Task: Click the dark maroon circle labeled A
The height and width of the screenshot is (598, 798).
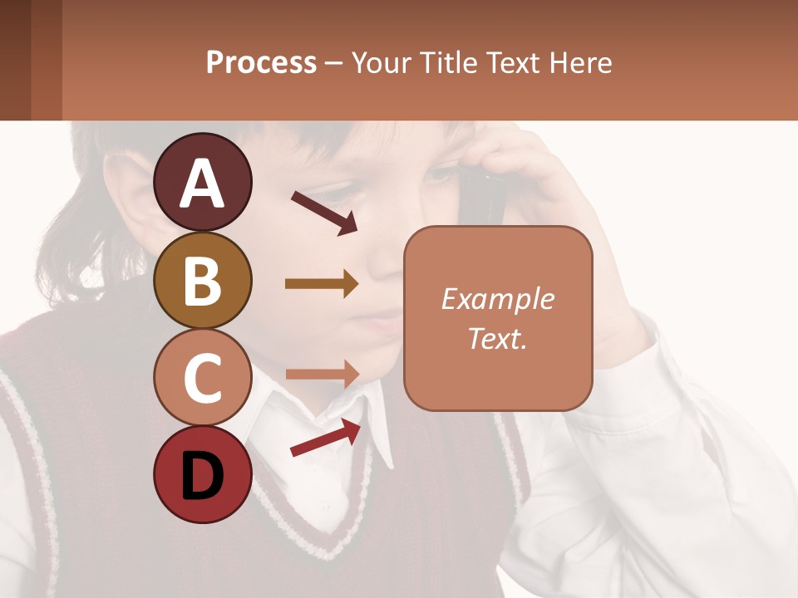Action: (x=203, y=182)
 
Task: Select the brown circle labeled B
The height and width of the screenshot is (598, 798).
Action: (x=203, y=280)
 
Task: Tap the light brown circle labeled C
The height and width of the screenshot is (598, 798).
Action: (x=203, y=377)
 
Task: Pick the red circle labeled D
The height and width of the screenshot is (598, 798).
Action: (x=203, y=474)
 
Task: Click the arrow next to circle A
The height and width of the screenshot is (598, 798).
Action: (x=324, y=213)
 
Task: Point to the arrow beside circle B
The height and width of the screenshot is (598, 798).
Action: (x=322, y=284)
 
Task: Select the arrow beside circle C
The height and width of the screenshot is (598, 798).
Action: (x=322, y=374)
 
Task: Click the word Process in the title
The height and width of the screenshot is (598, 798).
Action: (x=261, y=62)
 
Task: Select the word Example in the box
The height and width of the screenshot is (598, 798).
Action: (x=498, y=299)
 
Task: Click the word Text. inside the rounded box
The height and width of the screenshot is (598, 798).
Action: (x=498, y=338)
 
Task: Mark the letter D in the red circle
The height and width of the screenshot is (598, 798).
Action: (x=203, y=476)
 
